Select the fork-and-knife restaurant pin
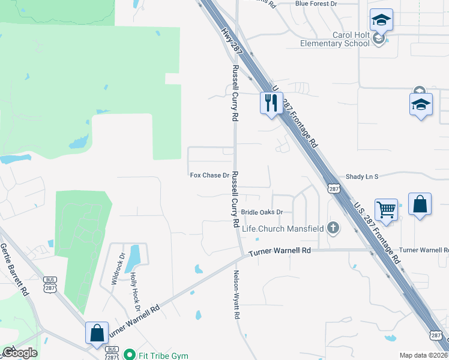(270, 103)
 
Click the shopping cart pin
(386, 210)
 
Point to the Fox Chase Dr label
(209, 175)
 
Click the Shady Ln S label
(363, 176)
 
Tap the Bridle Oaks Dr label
(262, 212)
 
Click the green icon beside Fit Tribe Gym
(128, 355)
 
